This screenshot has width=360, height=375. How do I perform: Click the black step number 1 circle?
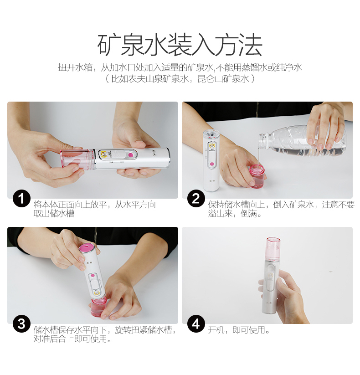pyautogui.click(x=21, y=199)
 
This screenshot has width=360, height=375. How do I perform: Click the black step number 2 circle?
pyautogui.click(x=196, y=199)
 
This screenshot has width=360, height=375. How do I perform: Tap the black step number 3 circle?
pyautogui.click(x=21, y=324)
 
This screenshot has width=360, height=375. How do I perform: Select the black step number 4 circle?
pyautogui.click(x=196, y=324)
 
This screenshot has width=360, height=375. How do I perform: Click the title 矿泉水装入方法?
pyautogui.click(x=180, y=45)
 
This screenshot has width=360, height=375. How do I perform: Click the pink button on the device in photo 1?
pyautogui.click(x=131, y=155)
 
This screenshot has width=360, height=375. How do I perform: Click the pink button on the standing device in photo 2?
pyautogui.click(x=211, y=164)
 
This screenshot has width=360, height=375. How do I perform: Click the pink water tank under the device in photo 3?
pyautogui.click(x=100, y=308)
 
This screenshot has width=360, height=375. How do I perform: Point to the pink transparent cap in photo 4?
pyautogui.click(x=273, y=250)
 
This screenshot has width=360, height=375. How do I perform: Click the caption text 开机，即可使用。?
pyautogui.click(x=239, y=330)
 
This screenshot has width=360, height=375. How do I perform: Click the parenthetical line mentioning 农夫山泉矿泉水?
pyautogui.click(x=180, y=79)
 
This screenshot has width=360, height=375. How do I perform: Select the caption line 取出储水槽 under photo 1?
pyautogui.click(x=54, y=213)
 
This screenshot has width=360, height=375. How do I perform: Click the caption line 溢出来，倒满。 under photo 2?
pyautogui.click(x=235, y=213)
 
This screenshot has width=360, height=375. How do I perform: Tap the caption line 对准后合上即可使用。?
pyautogui.click(x=72, y=339)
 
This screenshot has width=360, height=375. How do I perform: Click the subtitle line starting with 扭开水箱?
pyautogui.click(x=180, y=68)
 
